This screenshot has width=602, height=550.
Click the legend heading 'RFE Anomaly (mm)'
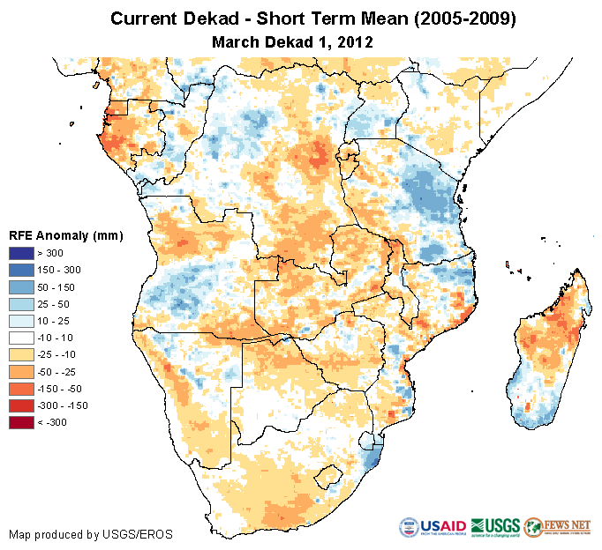pos(66,236)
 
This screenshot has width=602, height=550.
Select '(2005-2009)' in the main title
pos(459,19)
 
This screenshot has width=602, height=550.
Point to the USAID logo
pos(433,527)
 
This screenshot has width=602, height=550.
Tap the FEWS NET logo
pos(557,527)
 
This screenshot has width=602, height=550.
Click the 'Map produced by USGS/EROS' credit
pos(91,534)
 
